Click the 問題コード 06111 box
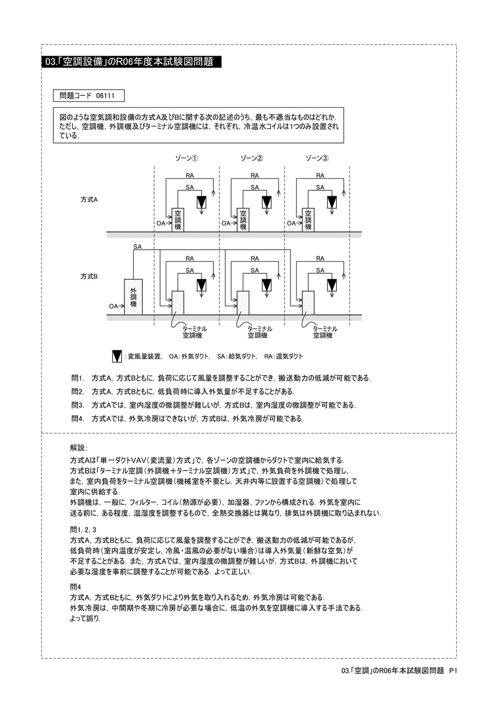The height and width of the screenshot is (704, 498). [x=89, y=96]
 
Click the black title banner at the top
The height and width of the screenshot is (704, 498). [x=132, y=62]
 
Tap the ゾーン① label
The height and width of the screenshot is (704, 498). [x=187, y=158]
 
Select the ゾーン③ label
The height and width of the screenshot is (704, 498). [x=317, y=158]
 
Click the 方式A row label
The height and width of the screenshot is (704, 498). [x=89, y=200]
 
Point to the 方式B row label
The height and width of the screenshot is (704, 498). [x=89, y=276]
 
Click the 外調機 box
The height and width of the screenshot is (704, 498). [x=133, y=296]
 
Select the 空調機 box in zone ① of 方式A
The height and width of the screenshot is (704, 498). [x=178, y=219]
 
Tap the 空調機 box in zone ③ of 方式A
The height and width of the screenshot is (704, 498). [x=308, y=219]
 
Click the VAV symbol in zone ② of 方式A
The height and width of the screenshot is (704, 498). [x=266, y=202]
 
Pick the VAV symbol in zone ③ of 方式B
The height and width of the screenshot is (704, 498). [x=332, y=285]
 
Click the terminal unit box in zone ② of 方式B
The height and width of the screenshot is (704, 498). [x=243, y=302]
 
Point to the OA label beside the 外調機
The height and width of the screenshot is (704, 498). [x=113, y=306]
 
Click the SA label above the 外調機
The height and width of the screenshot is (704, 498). [x=138, y=247]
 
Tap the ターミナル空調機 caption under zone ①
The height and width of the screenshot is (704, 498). [x=194, y=332]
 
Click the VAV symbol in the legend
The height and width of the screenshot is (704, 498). [x=117, y=356]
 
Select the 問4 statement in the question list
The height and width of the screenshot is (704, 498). [x=188, y=419]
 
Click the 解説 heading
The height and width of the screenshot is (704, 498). [x=79, y=448]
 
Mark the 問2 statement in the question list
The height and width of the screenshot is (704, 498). [x=183, y=392]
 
